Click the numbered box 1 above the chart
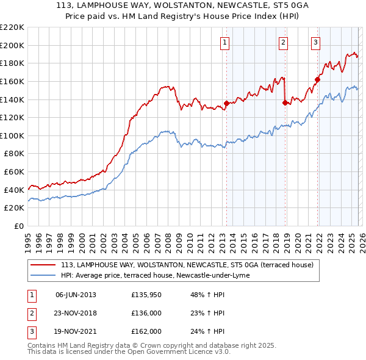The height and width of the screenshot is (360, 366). click(225, 42)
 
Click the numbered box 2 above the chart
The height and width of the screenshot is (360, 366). click(284, 42)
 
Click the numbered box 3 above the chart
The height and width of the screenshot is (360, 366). click(316, 42)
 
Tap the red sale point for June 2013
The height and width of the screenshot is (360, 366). click(226, 103)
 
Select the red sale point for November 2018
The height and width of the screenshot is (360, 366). click(285, 103)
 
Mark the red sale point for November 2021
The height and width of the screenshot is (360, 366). click(317, 79)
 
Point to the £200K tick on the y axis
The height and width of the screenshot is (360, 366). click(12, 45)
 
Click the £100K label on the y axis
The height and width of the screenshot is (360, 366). click(12, 135)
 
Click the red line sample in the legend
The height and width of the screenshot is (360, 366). click(43, 265)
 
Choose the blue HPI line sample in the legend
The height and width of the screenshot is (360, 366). click(43, 275)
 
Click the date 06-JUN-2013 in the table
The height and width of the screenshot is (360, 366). click(76, 295)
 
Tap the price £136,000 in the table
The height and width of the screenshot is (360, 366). click(146, 313)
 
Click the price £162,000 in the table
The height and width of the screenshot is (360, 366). click(146, 331)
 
